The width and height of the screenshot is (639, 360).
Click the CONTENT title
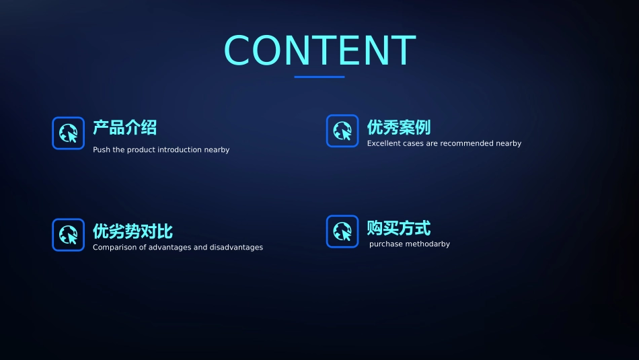click(x=319, y=50)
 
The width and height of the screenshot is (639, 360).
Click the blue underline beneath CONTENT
click(x=319, y=77)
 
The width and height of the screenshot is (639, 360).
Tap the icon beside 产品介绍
click(x=69, y=133)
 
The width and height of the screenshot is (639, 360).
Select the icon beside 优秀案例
click(x=342, y=131)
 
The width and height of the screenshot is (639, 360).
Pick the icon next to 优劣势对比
click(x=69, y=235)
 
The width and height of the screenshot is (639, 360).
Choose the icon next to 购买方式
click(x=342, y=231)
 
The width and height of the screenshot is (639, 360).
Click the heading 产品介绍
click(x=124, y=127)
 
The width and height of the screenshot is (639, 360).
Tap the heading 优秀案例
click(x=398, y=127)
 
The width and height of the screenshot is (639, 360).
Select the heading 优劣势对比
click(x=133, y=231)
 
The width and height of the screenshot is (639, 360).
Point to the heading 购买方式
click(x=398, y=228)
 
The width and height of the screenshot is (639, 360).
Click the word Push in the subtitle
click(x=101, y=149)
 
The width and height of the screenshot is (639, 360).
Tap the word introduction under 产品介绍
click(x=180, y=149)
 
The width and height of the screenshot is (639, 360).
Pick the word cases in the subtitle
click(x=413, y=143)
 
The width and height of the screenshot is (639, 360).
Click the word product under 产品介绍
click(x=141, y=149)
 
